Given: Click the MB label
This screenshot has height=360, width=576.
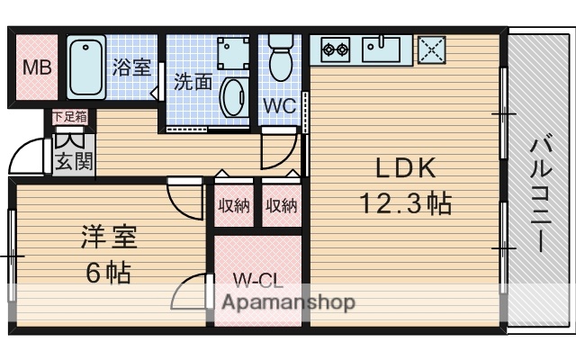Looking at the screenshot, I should tap(37, 68).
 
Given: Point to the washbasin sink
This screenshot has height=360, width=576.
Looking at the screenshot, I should tap(233, 96).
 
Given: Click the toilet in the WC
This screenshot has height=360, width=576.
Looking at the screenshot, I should tap(281, 58).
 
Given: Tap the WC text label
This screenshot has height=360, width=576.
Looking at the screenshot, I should tap(280, 104).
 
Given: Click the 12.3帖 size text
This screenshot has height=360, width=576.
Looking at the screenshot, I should tap(406, 203).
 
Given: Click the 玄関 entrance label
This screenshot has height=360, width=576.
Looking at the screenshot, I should tap(70, 163).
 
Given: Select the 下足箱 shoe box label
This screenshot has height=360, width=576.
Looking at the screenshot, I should tap(70, 115).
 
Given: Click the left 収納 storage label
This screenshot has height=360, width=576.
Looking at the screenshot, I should tap(234, 205).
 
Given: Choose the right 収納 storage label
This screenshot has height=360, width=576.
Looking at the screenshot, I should tap(281, 205).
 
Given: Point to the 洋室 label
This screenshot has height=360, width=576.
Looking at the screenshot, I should tap(108, 239).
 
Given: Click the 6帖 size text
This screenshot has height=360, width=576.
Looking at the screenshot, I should tap(108, 272).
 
